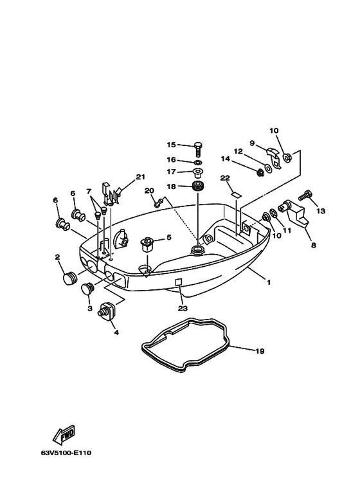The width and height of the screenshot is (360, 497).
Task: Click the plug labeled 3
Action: click(x=88, y=293)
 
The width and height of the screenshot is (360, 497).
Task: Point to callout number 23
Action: click(x=182, y=309)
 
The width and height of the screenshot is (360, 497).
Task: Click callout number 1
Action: click(x=269, y=282)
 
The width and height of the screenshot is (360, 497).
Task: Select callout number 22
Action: click(x=224, y=178)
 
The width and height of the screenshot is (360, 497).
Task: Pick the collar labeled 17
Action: click(x=197, y=172)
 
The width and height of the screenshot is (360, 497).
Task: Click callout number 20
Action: click(x=149, y=191)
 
